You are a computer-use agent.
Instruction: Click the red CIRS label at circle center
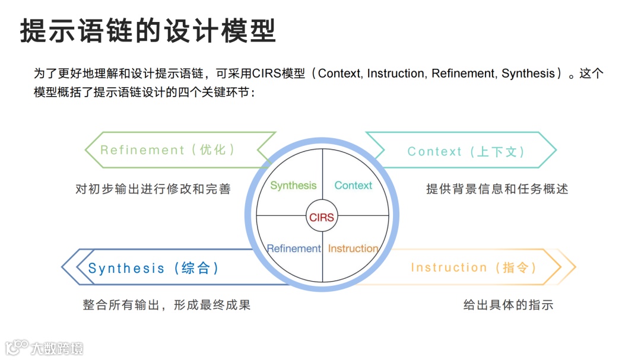click(x=322, y=217)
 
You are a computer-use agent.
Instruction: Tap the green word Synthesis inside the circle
click(x=293, y=186)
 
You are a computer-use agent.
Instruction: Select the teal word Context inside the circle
click(x=353, y=186)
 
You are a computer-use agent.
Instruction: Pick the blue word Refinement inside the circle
click(x=294, y=249)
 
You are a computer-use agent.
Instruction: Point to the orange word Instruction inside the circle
click(x=353, y=249)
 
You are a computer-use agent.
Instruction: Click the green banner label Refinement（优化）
click(x=168, y=150)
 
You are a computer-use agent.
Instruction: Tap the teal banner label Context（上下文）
click(x=467, y=151)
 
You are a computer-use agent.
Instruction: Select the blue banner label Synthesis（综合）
click(x=154, y=268)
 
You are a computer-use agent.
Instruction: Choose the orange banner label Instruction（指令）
click(x=474, y=267)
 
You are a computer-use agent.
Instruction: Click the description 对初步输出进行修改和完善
click(x=153, y=189)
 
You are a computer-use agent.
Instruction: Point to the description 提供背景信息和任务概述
click(x=497, y=189)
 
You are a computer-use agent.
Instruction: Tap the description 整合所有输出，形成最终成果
click(x=167, y=305)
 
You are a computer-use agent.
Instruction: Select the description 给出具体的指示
click(x=508, y=305)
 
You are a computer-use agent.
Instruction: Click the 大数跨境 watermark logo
click(x=44, y=348)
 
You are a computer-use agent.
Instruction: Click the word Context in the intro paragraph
click(x=339, y=74)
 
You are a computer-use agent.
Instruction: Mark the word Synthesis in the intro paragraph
click(x=528, y=74)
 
